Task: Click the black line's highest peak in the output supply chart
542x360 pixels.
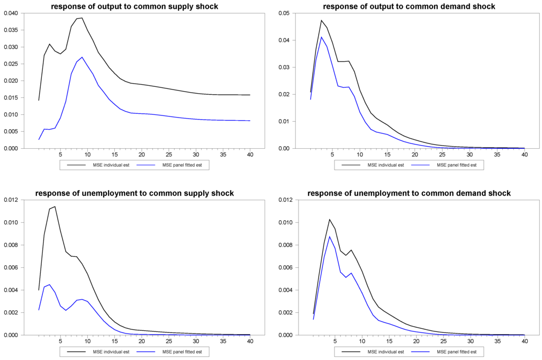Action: [x=82, y=18]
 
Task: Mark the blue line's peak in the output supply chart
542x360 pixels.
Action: [x=82, y=57]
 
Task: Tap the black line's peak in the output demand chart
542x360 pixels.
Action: [x=321, y=20]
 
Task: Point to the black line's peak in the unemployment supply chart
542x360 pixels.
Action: [x=55, y=206]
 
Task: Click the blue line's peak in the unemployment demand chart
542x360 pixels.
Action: [x=330, y=237]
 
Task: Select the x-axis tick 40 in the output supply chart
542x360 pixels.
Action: [x=250, y=155]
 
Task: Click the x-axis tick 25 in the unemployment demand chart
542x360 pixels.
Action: [x=442, y=341]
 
